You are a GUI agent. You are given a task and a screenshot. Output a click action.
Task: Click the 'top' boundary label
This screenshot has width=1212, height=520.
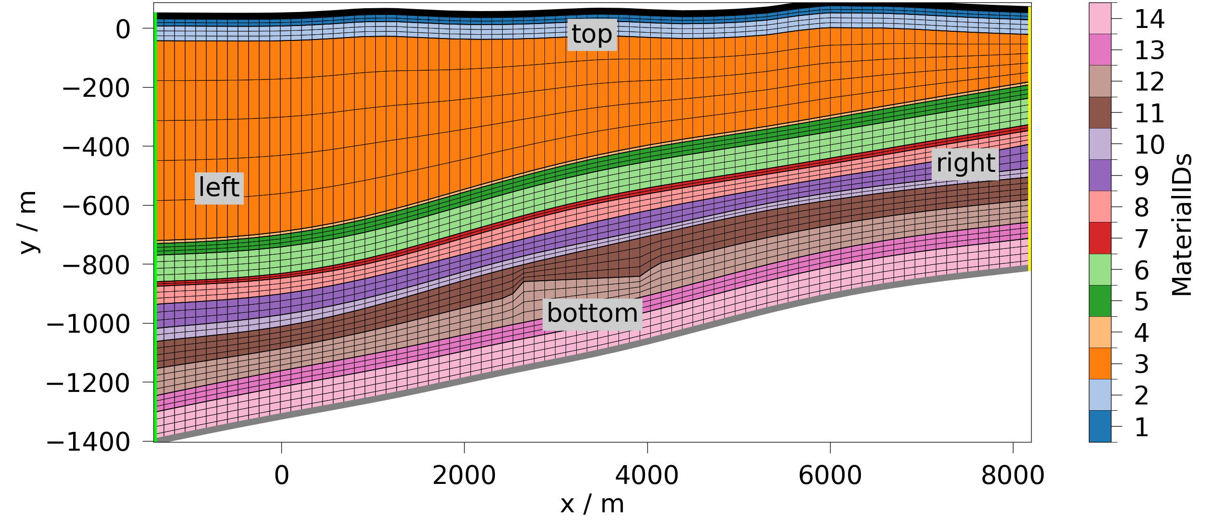tap(592, 35)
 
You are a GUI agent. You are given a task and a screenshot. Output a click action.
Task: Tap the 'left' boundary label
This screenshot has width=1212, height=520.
tap(219, 188)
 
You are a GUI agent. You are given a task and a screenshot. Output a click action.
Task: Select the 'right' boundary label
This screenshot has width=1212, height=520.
tap(965, 163)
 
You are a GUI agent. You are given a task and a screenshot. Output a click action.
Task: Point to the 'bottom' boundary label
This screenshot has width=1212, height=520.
tap(592, 314)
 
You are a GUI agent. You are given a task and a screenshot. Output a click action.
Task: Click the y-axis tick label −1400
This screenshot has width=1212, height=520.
tap(88, 442)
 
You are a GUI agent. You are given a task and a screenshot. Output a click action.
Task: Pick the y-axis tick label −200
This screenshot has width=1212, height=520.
tap(96, 88)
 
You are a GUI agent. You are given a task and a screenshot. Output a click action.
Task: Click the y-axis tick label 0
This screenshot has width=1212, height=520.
tap(123, 30)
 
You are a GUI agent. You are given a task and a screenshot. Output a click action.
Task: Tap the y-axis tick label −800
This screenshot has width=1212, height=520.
tap(96, 265)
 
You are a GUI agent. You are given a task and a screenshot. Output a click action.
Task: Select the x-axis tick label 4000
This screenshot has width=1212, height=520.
tap(647, 476)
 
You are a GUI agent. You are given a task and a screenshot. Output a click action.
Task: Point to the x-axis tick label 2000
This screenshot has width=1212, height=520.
tap(464, 476)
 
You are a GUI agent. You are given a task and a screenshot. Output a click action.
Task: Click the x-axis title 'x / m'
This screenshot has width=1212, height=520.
tap(592, 505)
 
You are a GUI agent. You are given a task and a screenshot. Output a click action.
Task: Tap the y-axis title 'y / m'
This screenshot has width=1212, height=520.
tap(28, 222)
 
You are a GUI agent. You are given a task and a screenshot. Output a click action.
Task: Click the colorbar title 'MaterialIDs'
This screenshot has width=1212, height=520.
tap(1182, 225)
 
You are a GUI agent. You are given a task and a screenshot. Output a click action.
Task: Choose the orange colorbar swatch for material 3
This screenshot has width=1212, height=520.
tap(1100, 364)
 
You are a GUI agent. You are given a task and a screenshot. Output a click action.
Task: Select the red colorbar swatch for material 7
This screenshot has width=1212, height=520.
tap(1100, 238)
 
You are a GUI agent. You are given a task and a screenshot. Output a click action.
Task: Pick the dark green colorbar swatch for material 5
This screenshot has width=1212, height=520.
tap(1100, 301)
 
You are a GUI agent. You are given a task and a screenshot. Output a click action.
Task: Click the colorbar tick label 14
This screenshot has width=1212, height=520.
tap(1149, 19)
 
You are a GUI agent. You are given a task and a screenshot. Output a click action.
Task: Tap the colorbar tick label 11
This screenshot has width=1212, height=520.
tap(1149, 114)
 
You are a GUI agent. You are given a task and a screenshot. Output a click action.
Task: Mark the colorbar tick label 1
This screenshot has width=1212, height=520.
tap(1142, 427)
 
